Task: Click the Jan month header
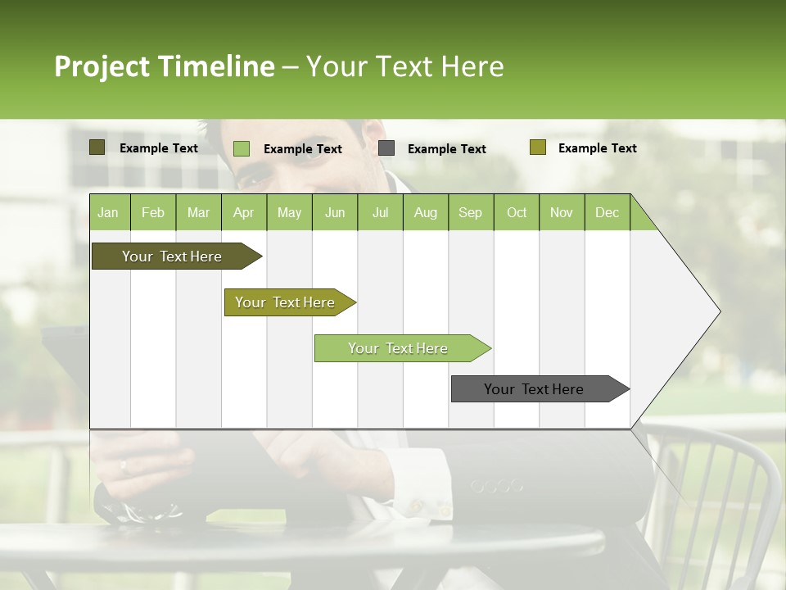coord(109,212)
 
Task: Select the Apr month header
coord(244,212)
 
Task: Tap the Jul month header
coord(380,212)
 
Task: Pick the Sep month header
coord(471,212)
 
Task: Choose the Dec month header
coord(607,212)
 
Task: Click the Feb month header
coord(153,212)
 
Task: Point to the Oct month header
coord(517,212)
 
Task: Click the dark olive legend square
coord(97,147)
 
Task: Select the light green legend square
coord(242,148)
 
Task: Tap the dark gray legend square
coord(386,148)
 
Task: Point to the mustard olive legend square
coord(537,147)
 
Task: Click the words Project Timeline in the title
coord(164,66)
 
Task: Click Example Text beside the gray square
coord(446,149)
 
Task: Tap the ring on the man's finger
coord(124,467)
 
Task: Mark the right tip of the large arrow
coord(719,311)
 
